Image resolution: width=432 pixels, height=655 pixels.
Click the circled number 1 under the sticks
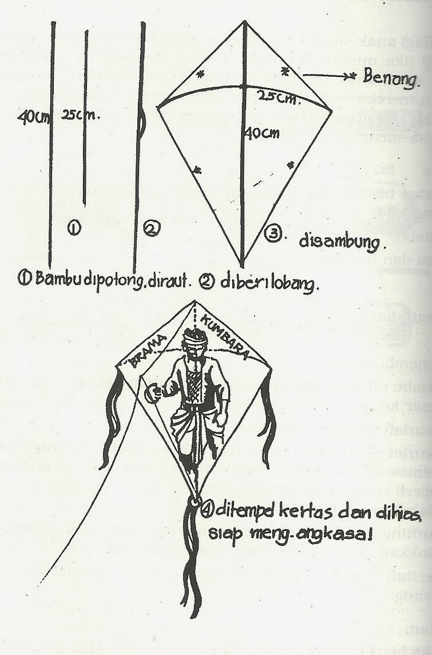tap(74, 228)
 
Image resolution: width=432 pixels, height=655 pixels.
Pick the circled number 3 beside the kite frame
tap(273, 234)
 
